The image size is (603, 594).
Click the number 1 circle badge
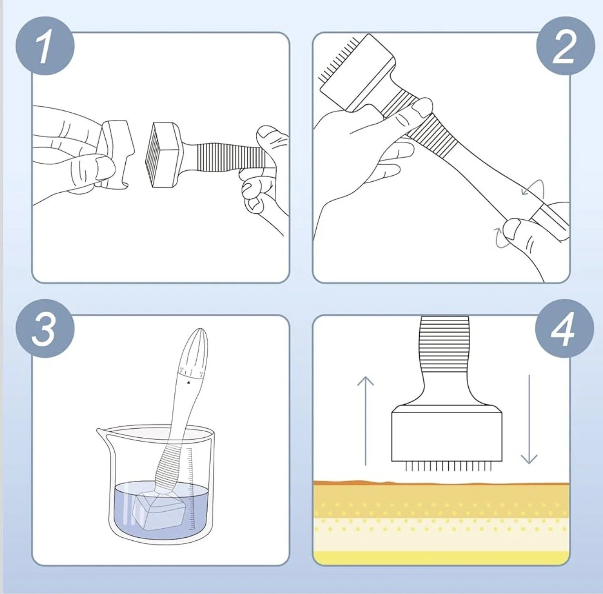[45, 47]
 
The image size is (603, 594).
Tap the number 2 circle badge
[565, 47]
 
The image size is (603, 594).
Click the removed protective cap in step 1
[116, 154]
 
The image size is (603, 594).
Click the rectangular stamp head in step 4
[447, 437]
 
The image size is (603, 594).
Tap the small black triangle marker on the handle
[189, 382]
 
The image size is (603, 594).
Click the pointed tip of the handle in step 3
[200, 329]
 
